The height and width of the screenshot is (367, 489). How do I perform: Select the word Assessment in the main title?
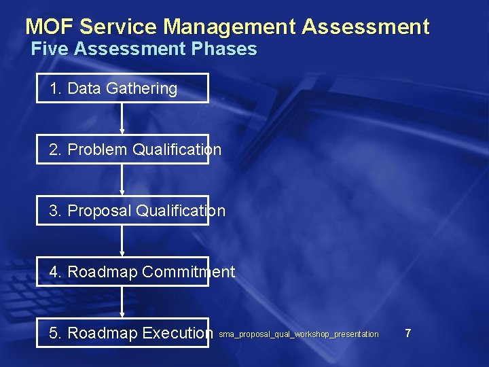(x=365, y=27)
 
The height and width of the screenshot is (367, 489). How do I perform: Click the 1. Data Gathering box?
(x=122, y=88)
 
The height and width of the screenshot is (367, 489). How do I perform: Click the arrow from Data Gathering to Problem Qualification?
(x=122, y=118)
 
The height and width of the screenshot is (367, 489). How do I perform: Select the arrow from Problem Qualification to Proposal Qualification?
(x=122, y=179)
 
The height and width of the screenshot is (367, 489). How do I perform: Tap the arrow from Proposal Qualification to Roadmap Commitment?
(x=122, y=241)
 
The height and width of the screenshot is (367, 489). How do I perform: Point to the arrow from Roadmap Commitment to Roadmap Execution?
(x=122, y=302)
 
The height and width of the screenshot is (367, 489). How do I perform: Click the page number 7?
(x=407, y=333)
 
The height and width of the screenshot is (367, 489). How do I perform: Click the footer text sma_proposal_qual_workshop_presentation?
(x=299, y=334)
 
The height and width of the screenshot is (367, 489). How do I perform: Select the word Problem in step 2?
(x=98, y=150)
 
